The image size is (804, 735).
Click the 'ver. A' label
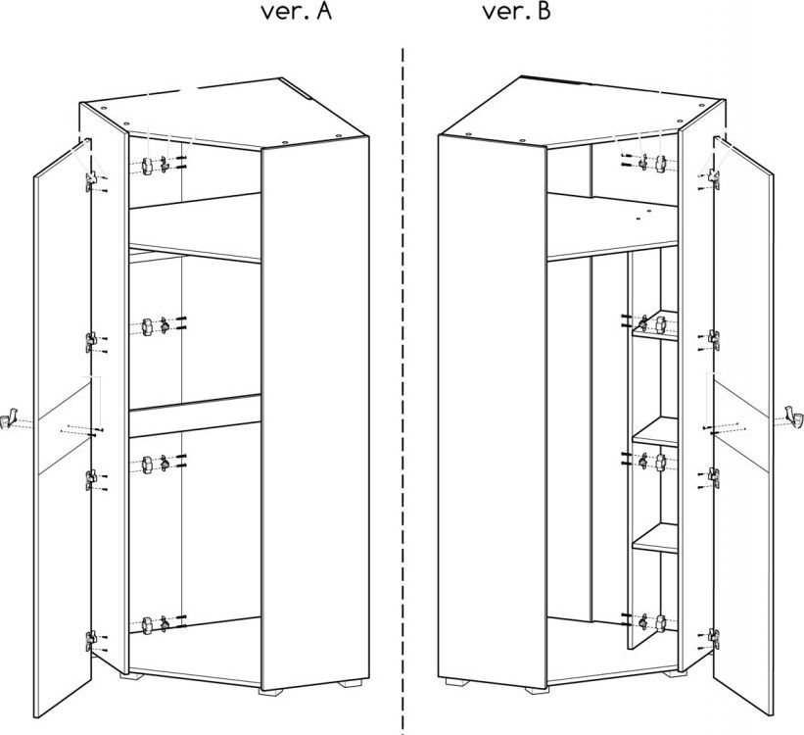pos(297,12)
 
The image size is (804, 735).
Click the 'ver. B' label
pos(516,12)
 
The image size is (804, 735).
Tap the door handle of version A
pos(10,417)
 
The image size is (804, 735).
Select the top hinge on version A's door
pos(91,180)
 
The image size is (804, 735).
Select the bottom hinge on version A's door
pos(91,641)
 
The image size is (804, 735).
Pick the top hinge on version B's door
pos(714,178)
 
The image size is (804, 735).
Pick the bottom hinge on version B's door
pos(714,638)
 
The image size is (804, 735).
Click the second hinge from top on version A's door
pos(91,342)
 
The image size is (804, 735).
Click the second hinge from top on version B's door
pos(714,339)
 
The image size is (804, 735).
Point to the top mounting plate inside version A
pos(147,166)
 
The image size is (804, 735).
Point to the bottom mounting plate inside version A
pos(147,625)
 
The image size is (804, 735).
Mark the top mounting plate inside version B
pos(660,164)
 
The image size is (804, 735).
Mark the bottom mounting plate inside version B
pos(660,623)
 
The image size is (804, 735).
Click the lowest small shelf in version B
pos(656,538)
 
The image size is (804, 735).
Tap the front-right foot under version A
pos(350,683)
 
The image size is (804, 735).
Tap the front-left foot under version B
pos(457,682)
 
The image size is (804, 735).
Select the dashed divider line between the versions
pos(402,390)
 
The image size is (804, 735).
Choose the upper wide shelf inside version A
pos(195,228)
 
